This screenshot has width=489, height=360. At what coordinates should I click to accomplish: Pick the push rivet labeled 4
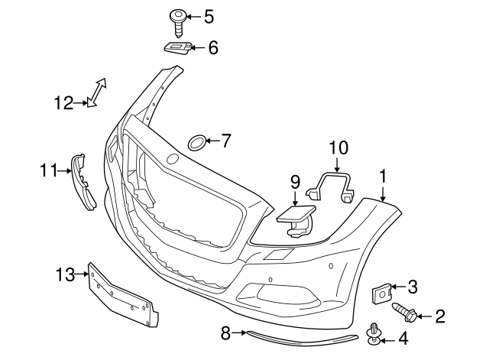374,334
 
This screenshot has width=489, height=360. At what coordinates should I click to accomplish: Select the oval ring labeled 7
196,141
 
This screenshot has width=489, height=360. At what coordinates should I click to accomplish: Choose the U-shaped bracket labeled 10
333,186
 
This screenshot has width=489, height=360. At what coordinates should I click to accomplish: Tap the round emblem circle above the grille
173,159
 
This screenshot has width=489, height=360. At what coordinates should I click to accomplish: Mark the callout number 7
225,141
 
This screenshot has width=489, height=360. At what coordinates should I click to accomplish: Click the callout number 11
49,170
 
